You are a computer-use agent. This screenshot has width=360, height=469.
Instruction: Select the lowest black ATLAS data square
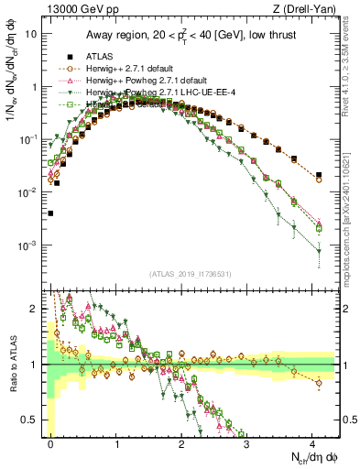(50, 213)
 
